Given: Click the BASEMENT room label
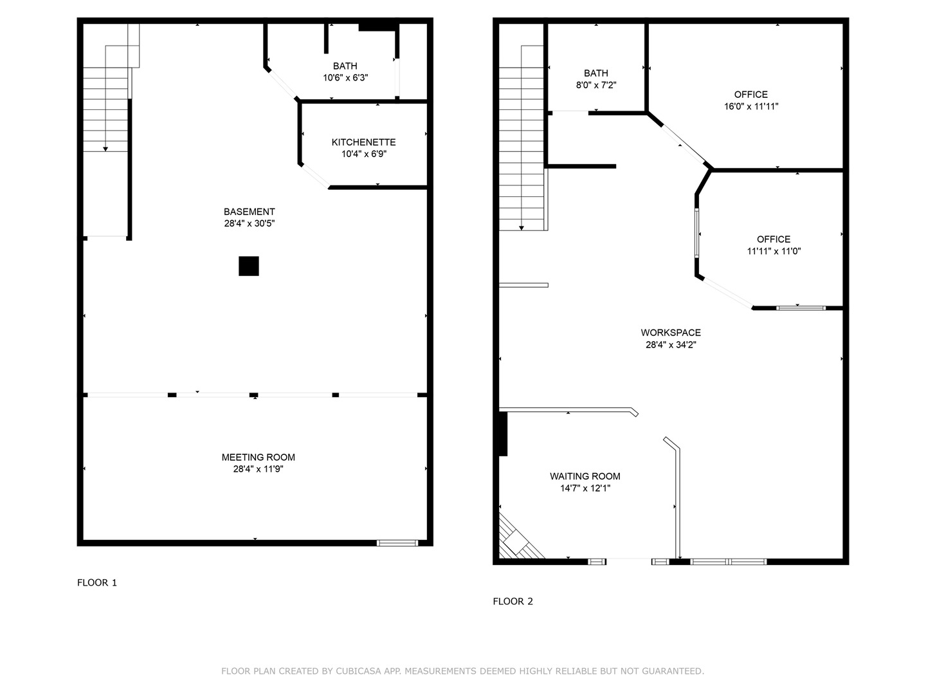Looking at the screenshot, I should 249,212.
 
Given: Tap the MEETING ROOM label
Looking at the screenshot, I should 258,458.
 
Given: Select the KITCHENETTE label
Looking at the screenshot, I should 363,142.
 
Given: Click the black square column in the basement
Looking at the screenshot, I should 249,266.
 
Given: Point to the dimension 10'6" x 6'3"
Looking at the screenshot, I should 345,78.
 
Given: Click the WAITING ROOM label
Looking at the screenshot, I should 585,476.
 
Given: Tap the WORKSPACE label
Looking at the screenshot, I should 671,333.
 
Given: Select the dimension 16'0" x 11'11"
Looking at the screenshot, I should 751,107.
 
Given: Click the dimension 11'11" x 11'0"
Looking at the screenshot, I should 774,252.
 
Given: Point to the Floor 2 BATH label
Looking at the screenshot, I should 595,73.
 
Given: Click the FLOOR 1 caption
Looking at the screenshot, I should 97,583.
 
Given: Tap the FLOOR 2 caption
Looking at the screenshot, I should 513,602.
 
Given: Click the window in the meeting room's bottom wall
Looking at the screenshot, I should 397,543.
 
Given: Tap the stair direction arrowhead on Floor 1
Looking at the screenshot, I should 105,149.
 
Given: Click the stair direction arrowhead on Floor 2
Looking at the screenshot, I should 521,228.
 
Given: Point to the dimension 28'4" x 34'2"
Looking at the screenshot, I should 671,345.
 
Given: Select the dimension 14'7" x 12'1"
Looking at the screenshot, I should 585,488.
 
